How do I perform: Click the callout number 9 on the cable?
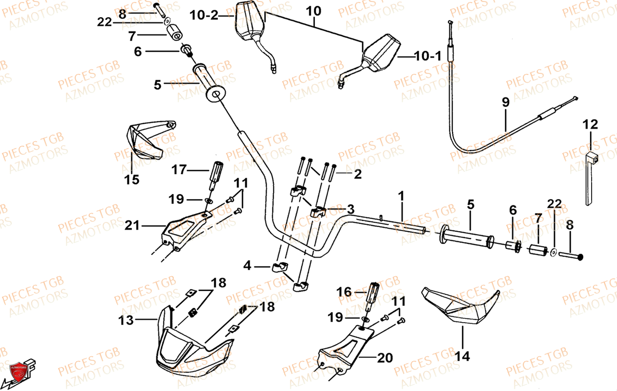pyautogui.click(x=505, y=103)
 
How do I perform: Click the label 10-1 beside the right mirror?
pyautogui.click(x=428, y=57)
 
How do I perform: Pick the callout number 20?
pyautogui.click(x=385, y=358)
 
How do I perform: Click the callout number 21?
pyautogui.click(x=132, y=225)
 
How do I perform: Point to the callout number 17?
pyautogui.click(x=179, y=170)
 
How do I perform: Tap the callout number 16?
pyautogui.click(x=344, y=292)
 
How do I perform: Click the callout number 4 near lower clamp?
pyautogui.click(x=247, y=266)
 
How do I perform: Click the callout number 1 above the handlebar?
pyautogui.click(x=401, y=196)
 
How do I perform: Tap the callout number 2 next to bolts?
pyautogui.click(x=358, y=174)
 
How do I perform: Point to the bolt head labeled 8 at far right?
pyautogui.click(x=580, y=257)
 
